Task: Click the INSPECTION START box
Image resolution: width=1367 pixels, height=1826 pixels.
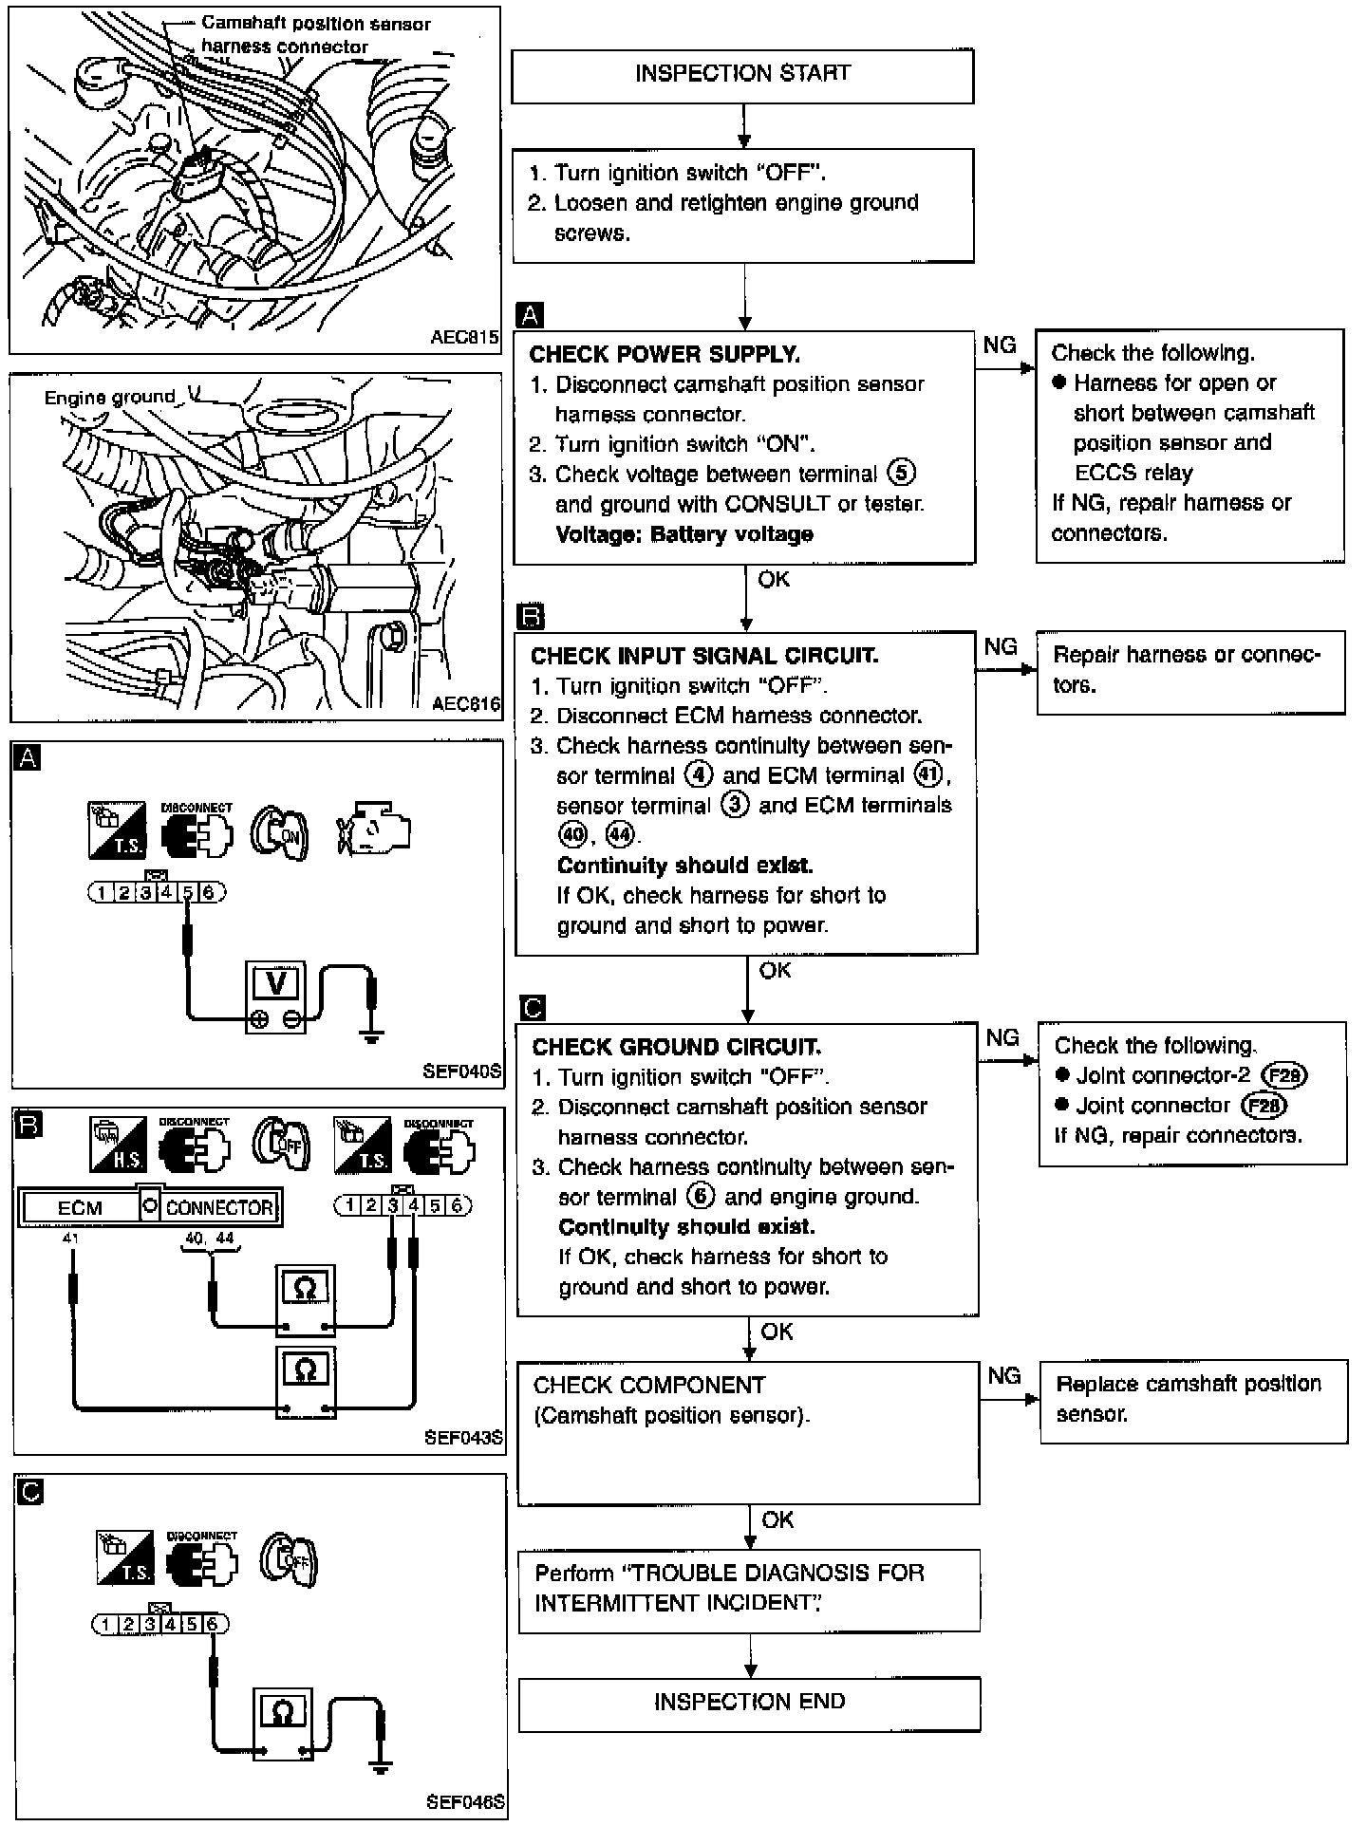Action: [742, 76]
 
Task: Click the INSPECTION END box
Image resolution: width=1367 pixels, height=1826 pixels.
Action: [749, 1705]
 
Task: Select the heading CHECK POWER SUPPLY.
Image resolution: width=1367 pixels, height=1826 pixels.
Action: [665, 355]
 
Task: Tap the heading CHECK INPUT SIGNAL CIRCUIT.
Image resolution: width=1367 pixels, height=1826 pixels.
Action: [704, 656]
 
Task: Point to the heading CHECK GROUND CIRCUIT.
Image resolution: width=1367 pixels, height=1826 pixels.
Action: [677, 1047]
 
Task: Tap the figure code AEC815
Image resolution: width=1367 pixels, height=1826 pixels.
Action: [464, 338]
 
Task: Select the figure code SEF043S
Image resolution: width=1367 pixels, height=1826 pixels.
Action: [463, 1438]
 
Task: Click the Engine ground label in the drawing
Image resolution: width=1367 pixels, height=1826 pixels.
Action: [110, 398]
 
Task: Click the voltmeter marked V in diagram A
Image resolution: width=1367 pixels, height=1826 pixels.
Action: [276, 997]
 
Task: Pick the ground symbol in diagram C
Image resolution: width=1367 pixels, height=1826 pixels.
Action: [381, 1768]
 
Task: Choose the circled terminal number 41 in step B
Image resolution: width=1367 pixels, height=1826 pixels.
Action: [927, 775]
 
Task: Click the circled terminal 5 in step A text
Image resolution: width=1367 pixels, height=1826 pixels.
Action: [901, 473]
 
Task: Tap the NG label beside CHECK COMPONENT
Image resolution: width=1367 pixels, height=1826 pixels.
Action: [1003, 1375]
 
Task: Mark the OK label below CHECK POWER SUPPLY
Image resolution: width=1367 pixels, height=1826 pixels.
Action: [774, 579]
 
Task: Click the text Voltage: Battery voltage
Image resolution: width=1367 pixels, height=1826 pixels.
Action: [684, 534]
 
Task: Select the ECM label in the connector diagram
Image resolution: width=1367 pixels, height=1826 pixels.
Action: [80, 1208]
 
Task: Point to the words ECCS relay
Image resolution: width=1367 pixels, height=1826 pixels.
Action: [1133, 473]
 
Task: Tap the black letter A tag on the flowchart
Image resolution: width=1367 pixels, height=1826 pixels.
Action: [529, 316]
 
